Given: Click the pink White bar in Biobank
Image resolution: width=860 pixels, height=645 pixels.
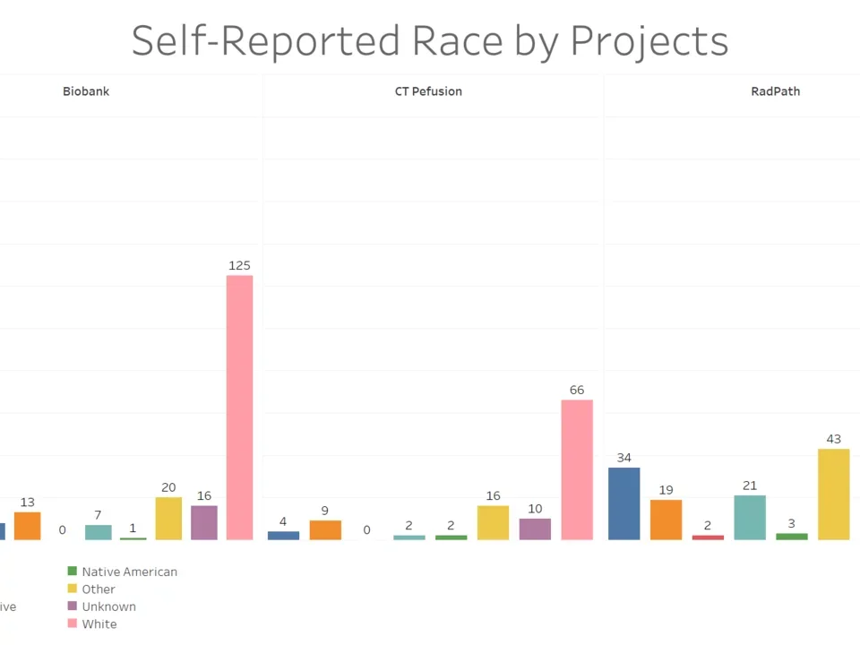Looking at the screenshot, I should (x=239, y=408).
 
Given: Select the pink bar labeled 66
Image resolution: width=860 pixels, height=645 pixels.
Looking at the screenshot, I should (x=577, y=469).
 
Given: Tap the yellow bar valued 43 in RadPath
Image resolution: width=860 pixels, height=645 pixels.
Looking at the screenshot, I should (x=833, y=494).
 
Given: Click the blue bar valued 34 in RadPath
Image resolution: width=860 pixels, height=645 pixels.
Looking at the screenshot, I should (x=624, y=503).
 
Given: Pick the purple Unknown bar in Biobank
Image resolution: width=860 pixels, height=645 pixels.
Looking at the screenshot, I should (x=204, y=522).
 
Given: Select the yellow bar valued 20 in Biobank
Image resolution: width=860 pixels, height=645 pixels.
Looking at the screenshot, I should (x=168, y=518).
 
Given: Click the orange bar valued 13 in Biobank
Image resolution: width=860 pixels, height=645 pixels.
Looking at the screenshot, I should (x=28, y=525).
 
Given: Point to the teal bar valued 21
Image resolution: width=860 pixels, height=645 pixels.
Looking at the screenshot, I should (x=750, y=517).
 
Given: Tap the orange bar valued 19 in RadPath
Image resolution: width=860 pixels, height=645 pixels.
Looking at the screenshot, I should (x=666, y=520).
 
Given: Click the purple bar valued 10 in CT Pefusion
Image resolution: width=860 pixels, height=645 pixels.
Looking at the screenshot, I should (x=535, y=529).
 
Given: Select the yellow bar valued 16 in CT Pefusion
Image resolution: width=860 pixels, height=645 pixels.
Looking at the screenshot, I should (x=493, y=522).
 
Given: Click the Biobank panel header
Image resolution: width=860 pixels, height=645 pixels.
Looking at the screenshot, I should (x=86, y=91).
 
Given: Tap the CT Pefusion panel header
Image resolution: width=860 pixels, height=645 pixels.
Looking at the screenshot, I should (x=428, y=91).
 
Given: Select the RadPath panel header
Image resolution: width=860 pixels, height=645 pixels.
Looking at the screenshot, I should (x=776, y=91).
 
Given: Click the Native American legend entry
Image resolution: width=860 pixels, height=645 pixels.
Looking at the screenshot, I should (x=129, y=572).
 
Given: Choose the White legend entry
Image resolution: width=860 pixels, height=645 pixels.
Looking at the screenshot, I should (x=99, y=623).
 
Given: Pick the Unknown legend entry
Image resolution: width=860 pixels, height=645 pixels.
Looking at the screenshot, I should (x=108, y=606).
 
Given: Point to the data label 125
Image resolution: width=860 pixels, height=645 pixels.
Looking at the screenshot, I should (x=239, y=265).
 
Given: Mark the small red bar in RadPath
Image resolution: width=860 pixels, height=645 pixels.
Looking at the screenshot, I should (x=708, y=537).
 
